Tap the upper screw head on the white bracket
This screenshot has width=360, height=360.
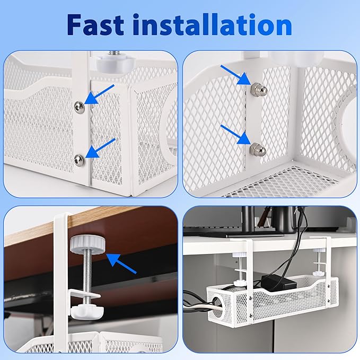[x=79, y=107]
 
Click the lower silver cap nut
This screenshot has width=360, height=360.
[x=257, y=150]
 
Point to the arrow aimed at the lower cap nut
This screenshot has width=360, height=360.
[x=235, y=135]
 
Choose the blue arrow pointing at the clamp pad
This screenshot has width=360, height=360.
[x=123, y=264]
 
